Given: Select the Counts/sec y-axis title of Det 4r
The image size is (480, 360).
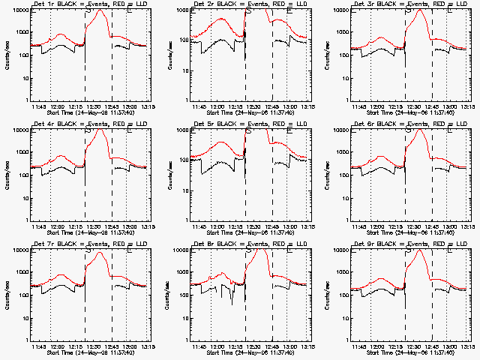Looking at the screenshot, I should (x=7, y=174).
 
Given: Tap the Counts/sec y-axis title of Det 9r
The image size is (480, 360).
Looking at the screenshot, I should (x=327, y=294).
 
